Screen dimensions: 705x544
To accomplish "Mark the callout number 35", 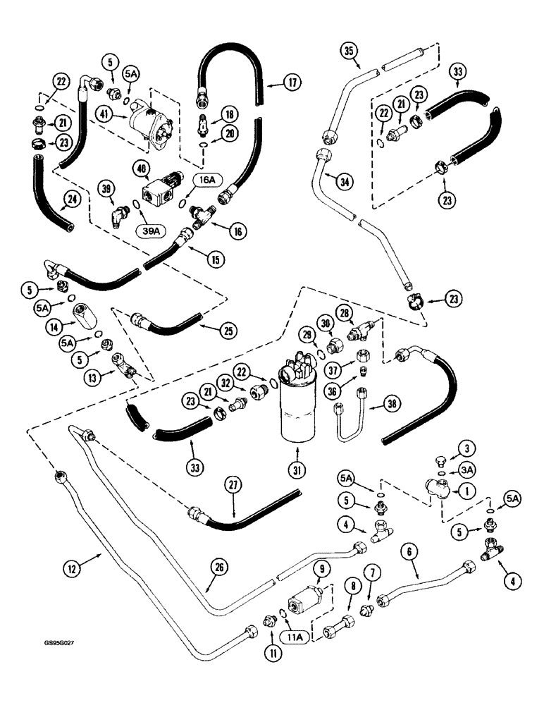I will (348, 51).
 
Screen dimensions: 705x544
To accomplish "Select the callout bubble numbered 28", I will (364, 312).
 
